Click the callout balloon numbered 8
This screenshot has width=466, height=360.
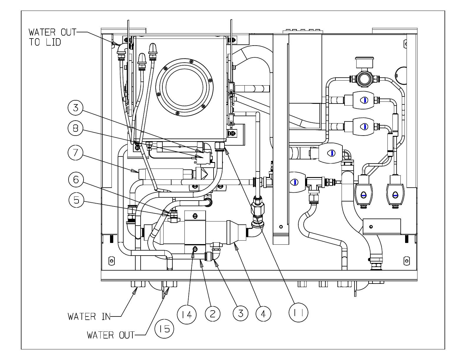pyautogui.click(x=75, y=128)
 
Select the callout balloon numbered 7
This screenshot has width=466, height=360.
pyautogui.click(x=75, y=153)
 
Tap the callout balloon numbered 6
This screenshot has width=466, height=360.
pyautogui.click(x=76, y=179)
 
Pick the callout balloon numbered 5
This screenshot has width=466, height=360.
pyautogui.click(x=76, y=200)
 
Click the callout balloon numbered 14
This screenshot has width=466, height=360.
pyautogui.click(x=187, y=314)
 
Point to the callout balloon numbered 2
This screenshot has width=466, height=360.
pyautogui.click(x=212, y=314)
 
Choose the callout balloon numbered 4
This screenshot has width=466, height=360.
pyautogui.click(x=263, y=314)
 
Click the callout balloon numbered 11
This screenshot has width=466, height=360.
pyautogui.click(x=298, y=313)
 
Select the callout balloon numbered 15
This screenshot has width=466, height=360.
pyautogui.click(x=164, y=329)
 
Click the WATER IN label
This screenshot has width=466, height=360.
pyautogui.click(x=89, y=316)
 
